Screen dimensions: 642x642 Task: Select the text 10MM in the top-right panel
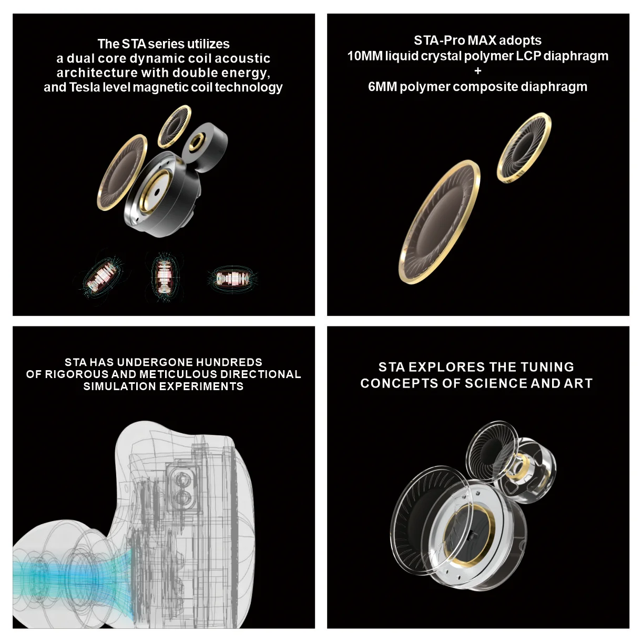[x=365, y=56]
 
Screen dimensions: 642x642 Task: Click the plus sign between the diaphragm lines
[x=478, y=71]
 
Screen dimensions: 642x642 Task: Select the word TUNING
[x=547, y=367]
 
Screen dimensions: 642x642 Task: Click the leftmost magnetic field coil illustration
[x=104, y=276]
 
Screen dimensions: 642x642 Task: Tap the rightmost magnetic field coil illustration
[x=233, y=277]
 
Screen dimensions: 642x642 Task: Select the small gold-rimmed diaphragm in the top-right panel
[x=524, y=148]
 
